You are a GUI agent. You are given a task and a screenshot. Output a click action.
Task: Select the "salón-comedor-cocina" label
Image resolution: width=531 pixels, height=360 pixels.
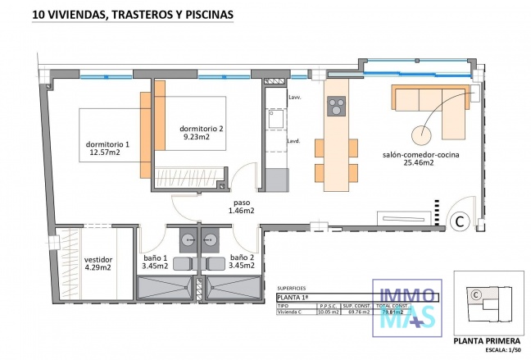click(x=420, y=154)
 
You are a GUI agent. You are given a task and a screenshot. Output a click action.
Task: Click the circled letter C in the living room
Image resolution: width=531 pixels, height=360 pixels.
click(x=461, y=220)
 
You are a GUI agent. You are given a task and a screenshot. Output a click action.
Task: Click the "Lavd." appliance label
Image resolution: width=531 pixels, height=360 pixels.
click(x=293, y=140)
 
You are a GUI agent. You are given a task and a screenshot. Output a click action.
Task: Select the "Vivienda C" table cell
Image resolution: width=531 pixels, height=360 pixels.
click(x=292, y=312)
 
